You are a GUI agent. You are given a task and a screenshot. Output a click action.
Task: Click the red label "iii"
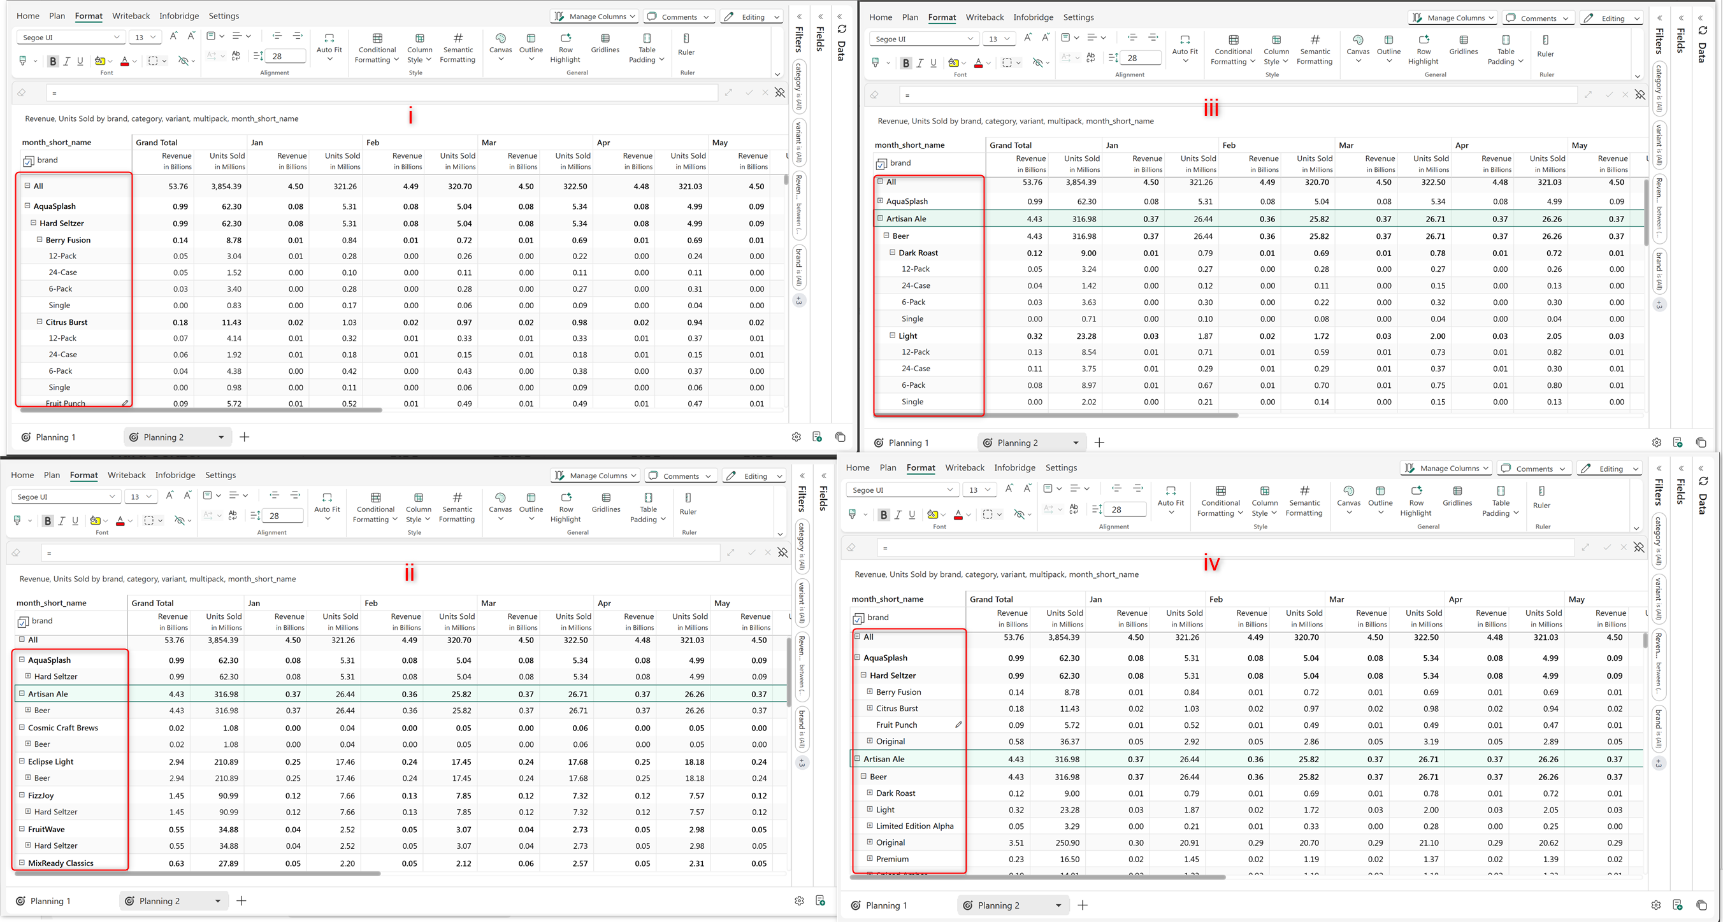point(1211,108)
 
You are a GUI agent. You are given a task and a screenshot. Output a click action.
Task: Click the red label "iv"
point(1211,564)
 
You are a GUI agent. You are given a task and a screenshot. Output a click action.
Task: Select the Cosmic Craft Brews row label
point(63,727)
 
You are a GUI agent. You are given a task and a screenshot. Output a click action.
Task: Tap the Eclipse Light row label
point(51,762)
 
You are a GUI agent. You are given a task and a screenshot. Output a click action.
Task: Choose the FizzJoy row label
point(41,796)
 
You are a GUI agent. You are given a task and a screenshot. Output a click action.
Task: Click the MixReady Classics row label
point(61,863)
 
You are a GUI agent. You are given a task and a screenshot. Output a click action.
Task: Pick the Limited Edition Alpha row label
point(914,826)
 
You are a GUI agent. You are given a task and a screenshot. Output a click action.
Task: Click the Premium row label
point(892,859)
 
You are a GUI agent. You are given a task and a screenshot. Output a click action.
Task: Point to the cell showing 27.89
point(228,863)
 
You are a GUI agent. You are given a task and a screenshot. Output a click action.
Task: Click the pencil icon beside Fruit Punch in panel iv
point(958,724)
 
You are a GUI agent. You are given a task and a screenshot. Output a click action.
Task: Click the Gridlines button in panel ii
point(606,502)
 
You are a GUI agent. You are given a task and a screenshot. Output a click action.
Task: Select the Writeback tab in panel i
point(131,16)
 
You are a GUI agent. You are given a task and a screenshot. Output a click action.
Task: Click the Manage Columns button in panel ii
point(595,476)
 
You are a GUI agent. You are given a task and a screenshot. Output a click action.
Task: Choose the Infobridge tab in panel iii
point(1033,17)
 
